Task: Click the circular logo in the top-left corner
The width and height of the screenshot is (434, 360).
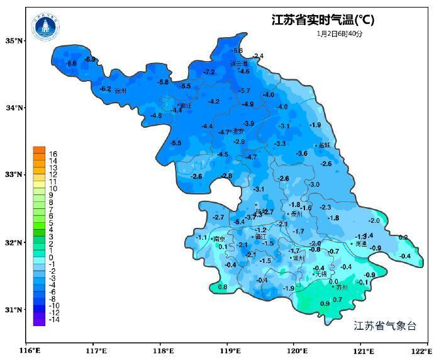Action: pyautogui.click(x=46, y=26)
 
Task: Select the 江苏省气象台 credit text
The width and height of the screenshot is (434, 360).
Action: pyautogui.click(x=385, y=325)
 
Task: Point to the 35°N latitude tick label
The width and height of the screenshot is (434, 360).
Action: pyautogui.click(x=14, y=41)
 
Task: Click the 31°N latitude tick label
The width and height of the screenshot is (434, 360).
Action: pyautogui.click(x=14, y=310)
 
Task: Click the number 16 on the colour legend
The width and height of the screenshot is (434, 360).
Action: pyautogui.click(x=53, y=154)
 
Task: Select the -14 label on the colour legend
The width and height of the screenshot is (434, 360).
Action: pyautogui.click(x=54, y=319)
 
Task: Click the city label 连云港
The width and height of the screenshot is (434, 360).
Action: pyautogui.click(x=238, y=64)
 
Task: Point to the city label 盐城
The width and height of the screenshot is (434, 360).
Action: pyautogui.click(x=324, y=145)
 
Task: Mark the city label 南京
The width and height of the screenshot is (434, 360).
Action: pyautogui.click(x=219, y=239)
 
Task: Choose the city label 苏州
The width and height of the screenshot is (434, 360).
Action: pyautogui.click(x=342, y=288)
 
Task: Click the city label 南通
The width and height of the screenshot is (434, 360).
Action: pyautogui.click(x=360, y=244)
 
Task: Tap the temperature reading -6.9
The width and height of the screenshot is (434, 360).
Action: pyautogui.click(x=90, y=59)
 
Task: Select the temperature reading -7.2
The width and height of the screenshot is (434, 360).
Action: pyautogui.click(x=209, y=72)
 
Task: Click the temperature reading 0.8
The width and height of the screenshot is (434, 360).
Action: pyautogui.click(x=223, y=287)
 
